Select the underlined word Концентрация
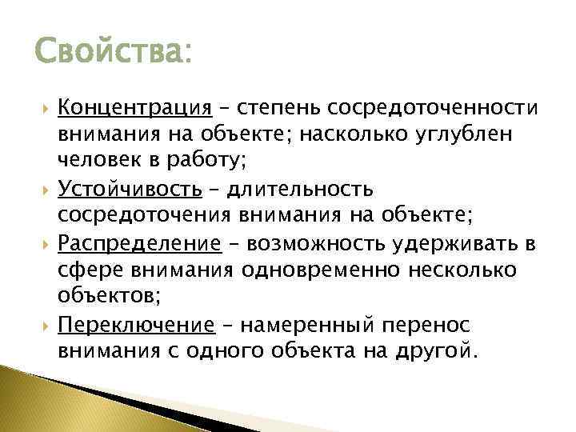(146, 107)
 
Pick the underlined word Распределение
(150, 243)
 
